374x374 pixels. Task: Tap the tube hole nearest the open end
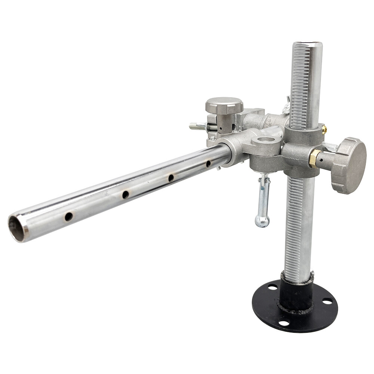68,217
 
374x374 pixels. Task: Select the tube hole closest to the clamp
208,163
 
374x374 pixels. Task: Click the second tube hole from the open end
125,194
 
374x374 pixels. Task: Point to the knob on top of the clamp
224,105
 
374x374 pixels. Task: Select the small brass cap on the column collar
324,129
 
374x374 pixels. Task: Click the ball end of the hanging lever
262,221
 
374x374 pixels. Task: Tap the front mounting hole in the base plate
284,323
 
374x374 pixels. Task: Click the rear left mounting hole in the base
272,287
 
